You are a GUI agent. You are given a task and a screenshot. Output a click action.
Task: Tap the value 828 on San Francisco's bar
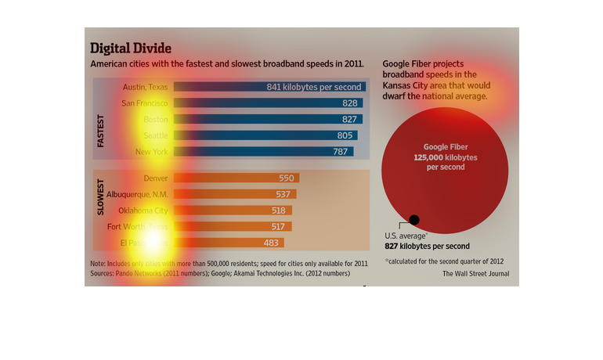[350, 103]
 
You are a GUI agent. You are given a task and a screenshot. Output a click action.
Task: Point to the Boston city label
[156, 119]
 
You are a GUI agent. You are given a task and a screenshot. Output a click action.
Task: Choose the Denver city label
[156, 178]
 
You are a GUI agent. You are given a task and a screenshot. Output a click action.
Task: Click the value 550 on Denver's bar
[287, 178]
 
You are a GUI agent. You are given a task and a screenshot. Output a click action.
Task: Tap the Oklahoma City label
[143, 211]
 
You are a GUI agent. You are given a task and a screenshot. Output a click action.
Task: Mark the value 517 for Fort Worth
[278, 226]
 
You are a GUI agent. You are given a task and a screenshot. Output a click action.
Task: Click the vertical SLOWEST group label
[101, 200]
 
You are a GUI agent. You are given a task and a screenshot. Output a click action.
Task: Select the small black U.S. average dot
[414, 220]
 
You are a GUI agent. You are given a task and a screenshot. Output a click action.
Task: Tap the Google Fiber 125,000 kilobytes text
[445, 157]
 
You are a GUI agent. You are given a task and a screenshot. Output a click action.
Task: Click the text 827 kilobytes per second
[427, 246]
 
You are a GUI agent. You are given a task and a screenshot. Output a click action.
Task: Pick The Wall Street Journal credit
[475, 274]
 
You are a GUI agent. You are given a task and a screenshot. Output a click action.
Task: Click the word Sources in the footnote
[103, 274]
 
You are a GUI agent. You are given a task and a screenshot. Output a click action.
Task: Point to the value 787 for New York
[340, 152]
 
